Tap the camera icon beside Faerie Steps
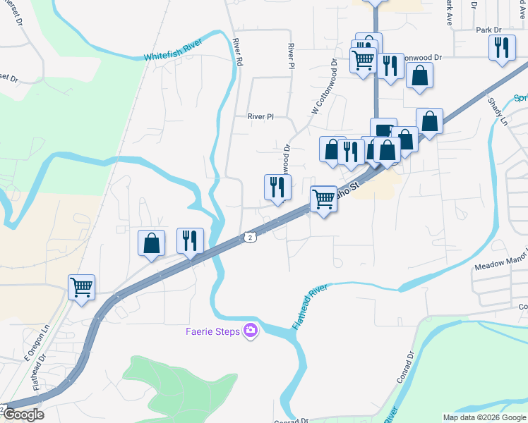pyautogui.click(x=250, y=330)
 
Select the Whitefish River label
pyautogui.click(x=173, y=48)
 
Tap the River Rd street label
pyautogui.click(x=238, y=53)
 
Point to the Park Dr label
pyautogui.click(x=488, y=30)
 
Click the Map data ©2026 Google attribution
pyautogui.click(x=484, y=417)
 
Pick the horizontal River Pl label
pyautogui.click(x=260, y=117)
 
